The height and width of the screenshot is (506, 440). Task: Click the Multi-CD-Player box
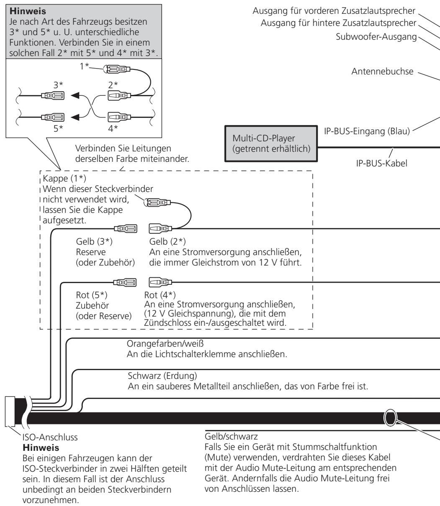(271, 144)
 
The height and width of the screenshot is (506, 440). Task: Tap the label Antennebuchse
(382, 71)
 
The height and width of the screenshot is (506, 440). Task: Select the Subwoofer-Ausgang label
(376, 37)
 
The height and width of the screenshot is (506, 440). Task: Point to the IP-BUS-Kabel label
(381, 163)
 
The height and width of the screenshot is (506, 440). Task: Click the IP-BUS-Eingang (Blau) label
(367, 131)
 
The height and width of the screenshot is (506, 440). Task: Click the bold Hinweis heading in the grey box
(28, 11)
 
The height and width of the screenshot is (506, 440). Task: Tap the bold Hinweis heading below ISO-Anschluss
(41, 447)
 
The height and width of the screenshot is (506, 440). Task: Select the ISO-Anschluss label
(50, 437)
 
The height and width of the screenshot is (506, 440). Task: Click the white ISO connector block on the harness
(10, 411)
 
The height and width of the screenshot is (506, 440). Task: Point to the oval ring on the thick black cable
(390, 417)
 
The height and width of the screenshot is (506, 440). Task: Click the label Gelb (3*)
(94, 241)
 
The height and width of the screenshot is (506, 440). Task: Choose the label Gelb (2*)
(167, 241)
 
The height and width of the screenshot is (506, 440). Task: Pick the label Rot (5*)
(92, 295)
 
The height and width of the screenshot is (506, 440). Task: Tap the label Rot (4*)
(160, 295)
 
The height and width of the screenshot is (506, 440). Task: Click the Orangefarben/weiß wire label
(165, 343)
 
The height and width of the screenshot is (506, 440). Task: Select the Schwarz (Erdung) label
(162, 376)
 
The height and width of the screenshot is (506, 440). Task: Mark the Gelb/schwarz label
(231, 436)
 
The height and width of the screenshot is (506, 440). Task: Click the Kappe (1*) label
(64, 178)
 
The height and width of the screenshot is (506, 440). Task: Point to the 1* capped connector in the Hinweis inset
(116, 69)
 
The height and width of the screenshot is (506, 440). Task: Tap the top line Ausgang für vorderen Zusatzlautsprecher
(334, 11)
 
